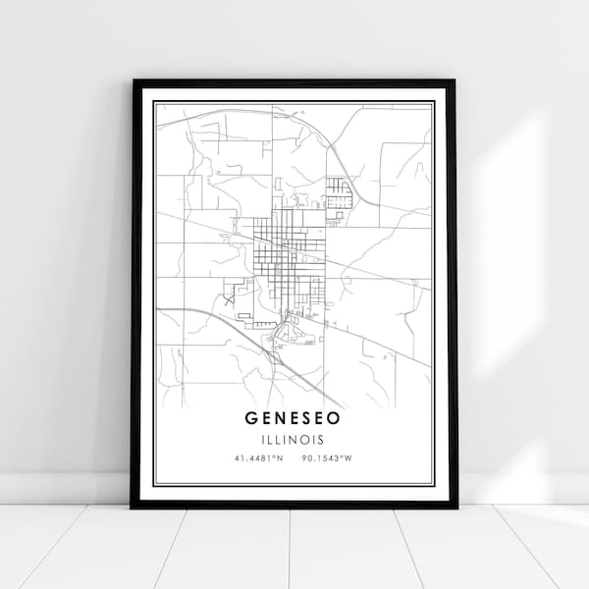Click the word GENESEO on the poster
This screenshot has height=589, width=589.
[294, 417]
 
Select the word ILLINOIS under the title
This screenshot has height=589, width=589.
[294, 439]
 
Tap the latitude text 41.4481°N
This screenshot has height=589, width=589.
[259, 457]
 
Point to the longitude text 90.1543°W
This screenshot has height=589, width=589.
[329, 457]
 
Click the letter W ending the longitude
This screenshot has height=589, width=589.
[348, 457]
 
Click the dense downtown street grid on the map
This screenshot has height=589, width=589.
[279, 250]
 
